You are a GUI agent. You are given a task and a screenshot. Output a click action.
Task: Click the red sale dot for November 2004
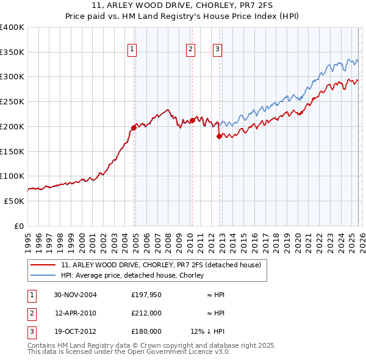pos(134,128)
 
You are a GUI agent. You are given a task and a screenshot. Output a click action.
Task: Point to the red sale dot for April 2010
pos(192,120)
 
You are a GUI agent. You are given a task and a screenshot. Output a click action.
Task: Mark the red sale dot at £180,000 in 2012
pos(219,136)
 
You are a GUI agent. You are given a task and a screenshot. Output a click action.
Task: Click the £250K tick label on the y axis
pos(12,102)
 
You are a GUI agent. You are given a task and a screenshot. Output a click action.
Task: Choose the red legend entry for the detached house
pos(161,265)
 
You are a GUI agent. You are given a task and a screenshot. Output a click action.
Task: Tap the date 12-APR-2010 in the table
pos(75,313)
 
